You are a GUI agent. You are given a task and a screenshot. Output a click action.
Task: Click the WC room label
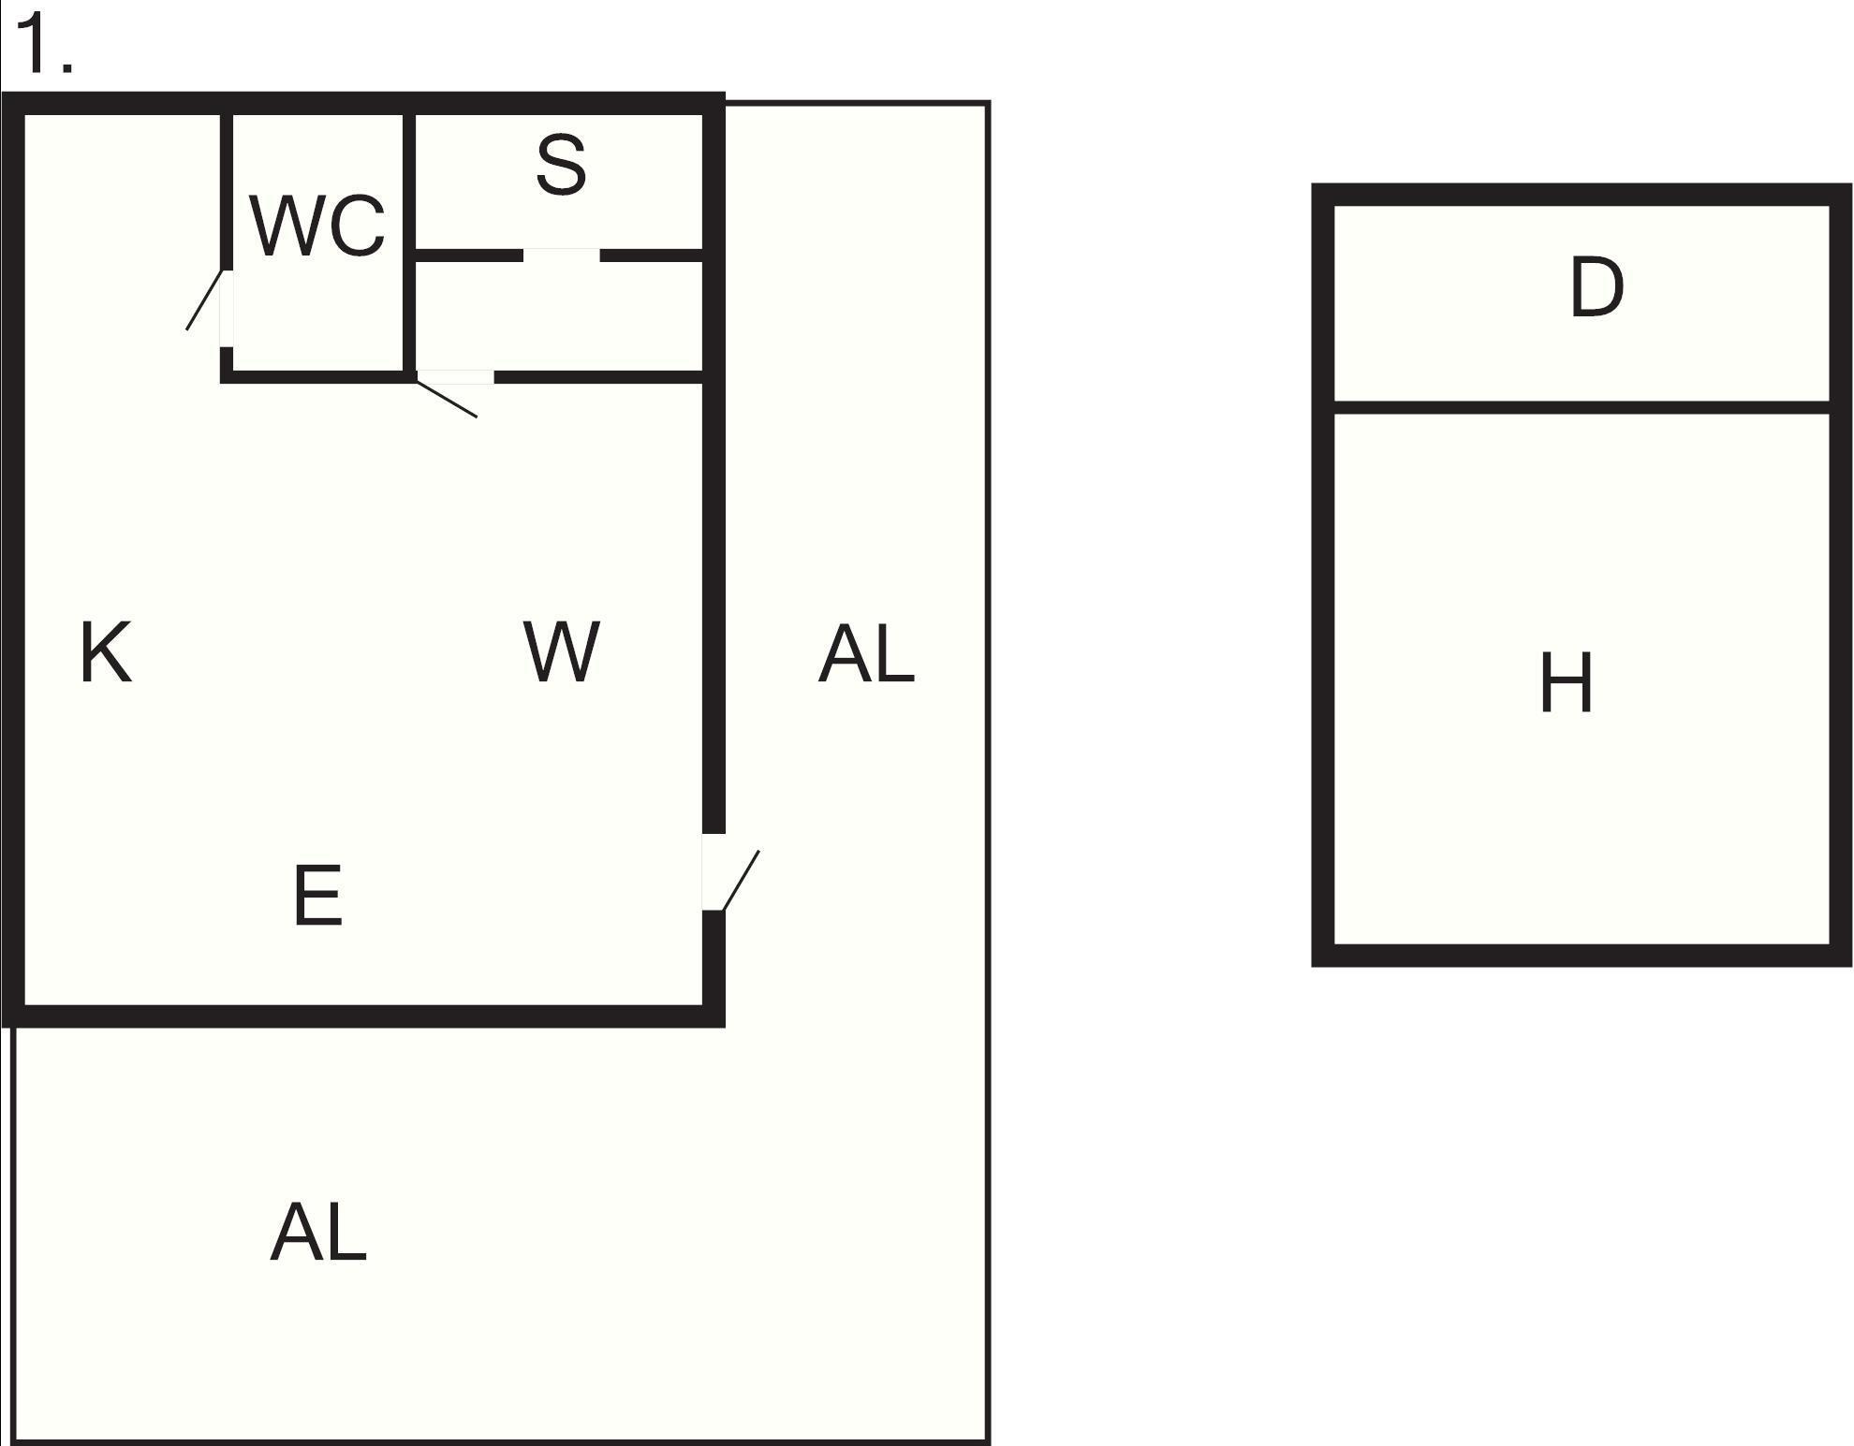pos(317,226)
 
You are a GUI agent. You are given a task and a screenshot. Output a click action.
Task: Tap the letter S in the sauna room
pos(561,165)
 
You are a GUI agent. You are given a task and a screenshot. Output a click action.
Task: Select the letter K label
pos(106,652)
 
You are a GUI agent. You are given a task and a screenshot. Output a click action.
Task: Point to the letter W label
pos(561,651)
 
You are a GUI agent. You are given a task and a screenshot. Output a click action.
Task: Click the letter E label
pos(317,895)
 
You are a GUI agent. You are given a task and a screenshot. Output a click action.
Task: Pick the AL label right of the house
pos(866,654)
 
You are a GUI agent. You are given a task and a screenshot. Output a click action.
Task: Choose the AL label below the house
pos(318,1232)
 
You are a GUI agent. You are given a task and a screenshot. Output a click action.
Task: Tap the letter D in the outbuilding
pos(1596,287)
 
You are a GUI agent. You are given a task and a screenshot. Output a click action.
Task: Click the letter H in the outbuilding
pos(1567,683)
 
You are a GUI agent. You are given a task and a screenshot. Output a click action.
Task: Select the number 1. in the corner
pos(44,45)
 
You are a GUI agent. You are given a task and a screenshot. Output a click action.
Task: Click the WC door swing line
pos(204,299)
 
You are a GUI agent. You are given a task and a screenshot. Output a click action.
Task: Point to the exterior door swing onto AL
pos(741,880)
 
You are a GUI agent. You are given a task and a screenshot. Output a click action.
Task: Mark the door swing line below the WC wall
pos(447,397)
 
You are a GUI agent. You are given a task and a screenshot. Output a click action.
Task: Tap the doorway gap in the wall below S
pos(561,256)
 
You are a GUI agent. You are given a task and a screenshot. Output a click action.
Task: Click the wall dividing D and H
pos(1582,407)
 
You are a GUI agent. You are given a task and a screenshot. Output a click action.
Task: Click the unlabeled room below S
pos(559,316)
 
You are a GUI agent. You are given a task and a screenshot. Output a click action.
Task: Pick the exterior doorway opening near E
pos(714,871)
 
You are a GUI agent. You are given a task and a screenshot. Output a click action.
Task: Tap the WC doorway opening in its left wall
pos(227,309)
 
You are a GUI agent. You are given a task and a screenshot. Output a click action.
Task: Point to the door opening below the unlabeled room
pos(455,377)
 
